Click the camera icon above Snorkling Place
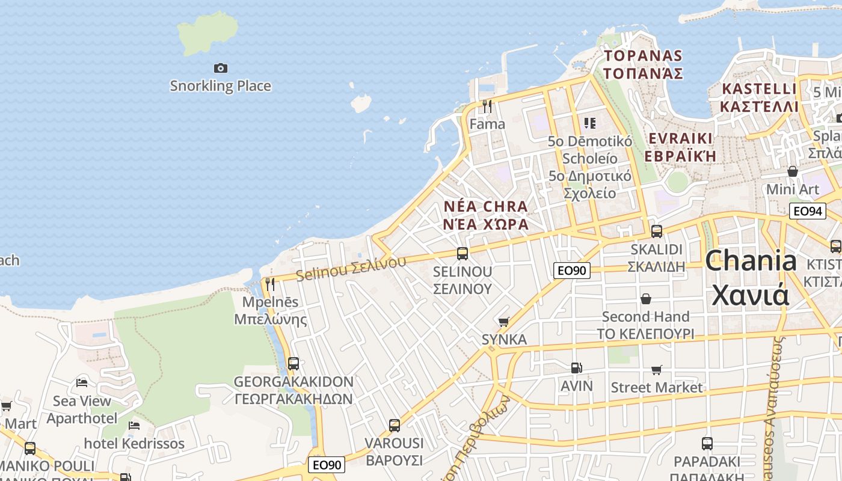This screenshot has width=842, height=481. (x=221, y=69)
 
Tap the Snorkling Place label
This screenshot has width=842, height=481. (x=220, y=86)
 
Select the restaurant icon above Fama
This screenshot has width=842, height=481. (x=487, y=106)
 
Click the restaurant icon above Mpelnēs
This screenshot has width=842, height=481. (x=270, y=284)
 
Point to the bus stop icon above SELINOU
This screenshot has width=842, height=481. (x=462, y=254)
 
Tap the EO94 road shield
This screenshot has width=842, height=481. (x=807, y=211)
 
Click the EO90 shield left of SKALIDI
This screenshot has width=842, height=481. (x=571, y=271)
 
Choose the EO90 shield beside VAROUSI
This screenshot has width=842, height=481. (x=327, y=465)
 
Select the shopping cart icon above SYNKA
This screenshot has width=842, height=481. (x=504, y=322)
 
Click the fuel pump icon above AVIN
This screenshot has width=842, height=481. (x=576, y=367)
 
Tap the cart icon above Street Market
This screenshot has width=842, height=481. (x=656, y=370)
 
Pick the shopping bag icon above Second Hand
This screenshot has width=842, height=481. (x=646, y=299)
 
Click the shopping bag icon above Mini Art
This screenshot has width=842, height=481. (x=793, y=171)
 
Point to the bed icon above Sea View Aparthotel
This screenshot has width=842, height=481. (x=82, y=382)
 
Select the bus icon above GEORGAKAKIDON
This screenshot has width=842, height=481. (x=293, y=363)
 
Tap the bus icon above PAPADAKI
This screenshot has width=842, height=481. (x=707, y=444)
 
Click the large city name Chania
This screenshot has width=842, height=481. (x=751, y=262)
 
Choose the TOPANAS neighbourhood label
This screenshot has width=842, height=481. (x=643, y=56)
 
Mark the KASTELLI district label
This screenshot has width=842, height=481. (x=759, y=89)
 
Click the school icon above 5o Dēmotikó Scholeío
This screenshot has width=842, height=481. (x=589, y=123)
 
